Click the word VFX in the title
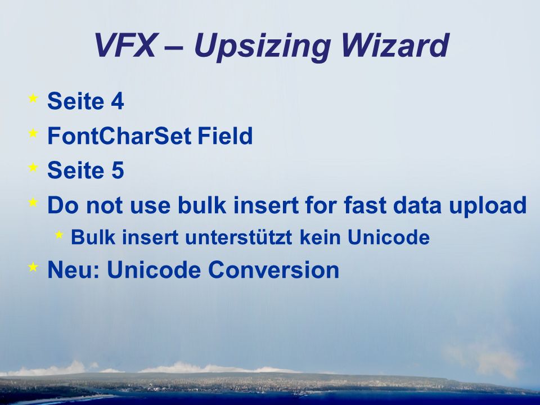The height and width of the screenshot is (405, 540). click(125, 46)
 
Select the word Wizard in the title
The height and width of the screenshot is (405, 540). click(395, 46)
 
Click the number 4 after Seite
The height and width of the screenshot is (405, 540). click(118, 101)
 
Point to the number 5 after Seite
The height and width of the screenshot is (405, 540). click(118, 170)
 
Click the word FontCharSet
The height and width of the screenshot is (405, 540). click(119, 136)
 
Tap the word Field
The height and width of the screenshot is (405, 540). click(225, 136)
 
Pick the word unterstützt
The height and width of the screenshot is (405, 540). click(238, 237)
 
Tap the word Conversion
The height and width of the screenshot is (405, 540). click(273, 269)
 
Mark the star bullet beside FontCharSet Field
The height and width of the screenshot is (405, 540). click(33, 133)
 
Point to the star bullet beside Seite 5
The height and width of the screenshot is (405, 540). click(33, 167)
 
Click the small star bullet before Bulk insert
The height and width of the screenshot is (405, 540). click(59, 235)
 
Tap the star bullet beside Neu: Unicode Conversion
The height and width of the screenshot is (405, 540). click(33, 267)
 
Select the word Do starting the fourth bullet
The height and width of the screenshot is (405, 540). click(64, 205)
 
